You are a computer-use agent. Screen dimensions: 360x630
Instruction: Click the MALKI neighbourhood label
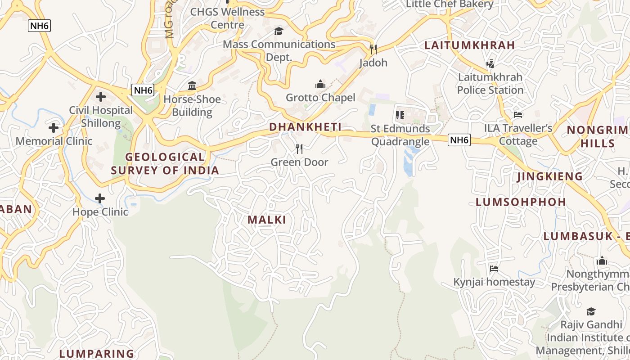point(267,220)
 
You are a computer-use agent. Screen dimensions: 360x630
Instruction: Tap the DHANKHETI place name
point(305,127)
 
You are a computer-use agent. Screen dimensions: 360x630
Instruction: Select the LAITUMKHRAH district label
point(470,45)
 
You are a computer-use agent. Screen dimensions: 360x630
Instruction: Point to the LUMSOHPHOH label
point(521,202)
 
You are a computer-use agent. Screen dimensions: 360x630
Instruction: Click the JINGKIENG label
point(549,176)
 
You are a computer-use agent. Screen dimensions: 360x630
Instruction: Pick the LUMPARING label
point(97,354)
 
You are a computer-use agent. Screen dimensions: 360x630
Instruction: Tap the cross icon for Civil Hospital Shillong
point(101,97)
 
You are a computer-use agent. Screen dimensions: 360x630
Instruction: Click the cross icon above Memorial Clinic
point(54,128)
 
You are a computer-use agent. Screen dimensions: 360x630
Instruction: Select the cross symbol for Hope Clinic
point(100,198)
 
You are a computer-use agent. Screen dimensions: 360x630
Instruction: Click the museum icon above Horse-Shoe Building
point(192,86)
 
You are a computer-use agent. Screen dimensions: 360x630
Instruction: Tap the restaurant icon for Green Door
point(299,148)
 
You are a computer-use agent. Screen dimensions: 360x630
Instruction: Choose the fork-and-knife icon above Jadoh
point(373,49)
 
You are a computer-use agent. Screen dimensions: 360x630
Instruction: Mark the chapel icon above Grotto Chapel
point(320,84)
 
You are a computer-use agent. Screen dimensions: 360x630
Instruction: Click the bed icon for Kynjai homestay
point(494,269)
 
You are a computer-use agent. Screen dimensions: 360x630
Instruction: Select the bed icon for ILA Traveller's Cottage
point(518,115)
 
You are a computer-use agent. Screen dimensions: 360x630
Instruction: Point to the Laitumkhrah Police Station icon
point(490,63)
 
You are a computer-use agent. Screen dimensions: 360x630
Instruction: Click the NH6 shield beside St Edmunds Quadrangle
point(459,140)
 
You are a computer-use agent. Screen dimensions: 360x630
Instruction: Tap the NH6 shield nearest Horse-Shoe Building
point(143,90)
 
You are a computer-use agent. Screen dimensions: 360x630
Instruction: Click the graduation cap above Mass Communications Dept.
point(279,31)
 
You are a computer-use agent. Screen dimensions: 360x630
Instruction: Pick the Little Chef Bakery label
point(450,4)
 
